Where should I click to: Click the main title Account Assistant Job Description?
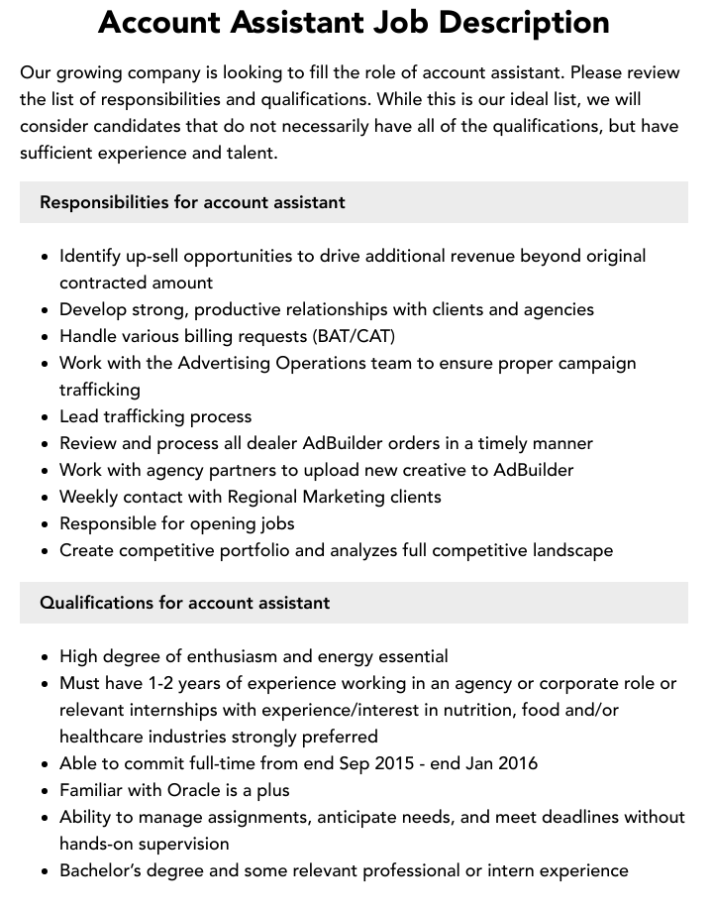tap(354, 22)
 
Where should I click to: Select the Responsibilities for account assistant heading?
tap(192, 202)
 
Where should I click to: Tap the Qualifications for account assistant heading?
tap(184, 603)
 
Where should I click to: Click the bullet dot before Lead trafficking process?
tap(45, 417)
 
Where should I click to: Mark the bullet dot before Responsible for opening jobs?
tap(45, 524)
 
